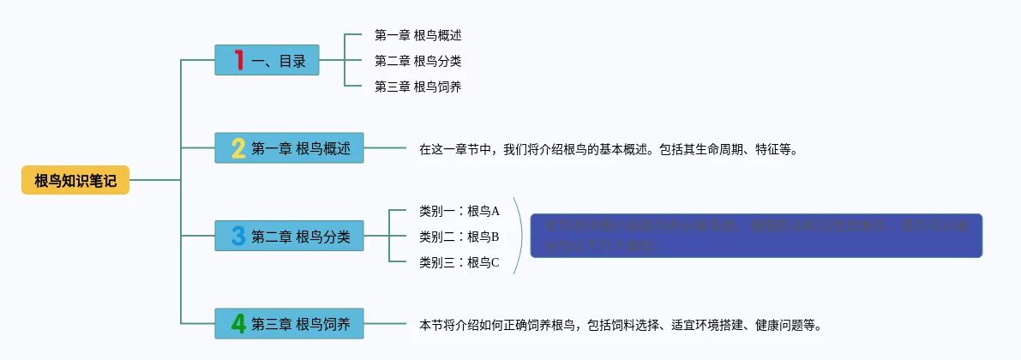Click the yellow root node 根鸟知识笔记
pyautogui.click(x=75, y=180)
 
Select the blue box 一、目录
pyautogui.click(x=267, y=61)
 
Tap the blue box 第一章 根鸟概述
pyautogui.click(x=289, y=148)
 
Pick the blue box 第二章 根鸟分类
pyautogui.click(x=289, y=236)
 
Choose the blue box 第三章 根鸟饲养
pyautogui.click(x=289, y=324)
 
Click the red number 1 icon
pyautogui.click(x=238, y=61)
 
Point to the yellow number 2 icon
pyautogui.click(x=238, y=148)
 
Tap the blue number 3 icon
pyautogui.click(x=238, y=236)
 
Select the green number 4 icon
pyautogui.click(x=238, y=324)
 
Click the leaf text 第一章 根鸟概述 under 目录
pyautogui.click(x=418, y=35)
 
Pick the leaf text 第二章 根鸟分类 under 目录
pyautogui.click(x=418, y=61)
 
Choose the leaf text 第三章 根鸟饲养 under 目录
pyautogui.click(x=418, y=87)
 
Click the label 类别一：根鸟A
pyautogui.click(x=459, y=211)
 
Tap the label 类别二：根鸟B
pyautogui.click(x=459, y=237)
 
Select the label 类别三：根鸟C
pyautogui.click(x=459, y=262)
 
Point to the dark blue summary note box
pyautogui.click(x=755, y=236)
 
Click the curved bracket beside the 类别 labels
pyautogui.click(x=520, y=236)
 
